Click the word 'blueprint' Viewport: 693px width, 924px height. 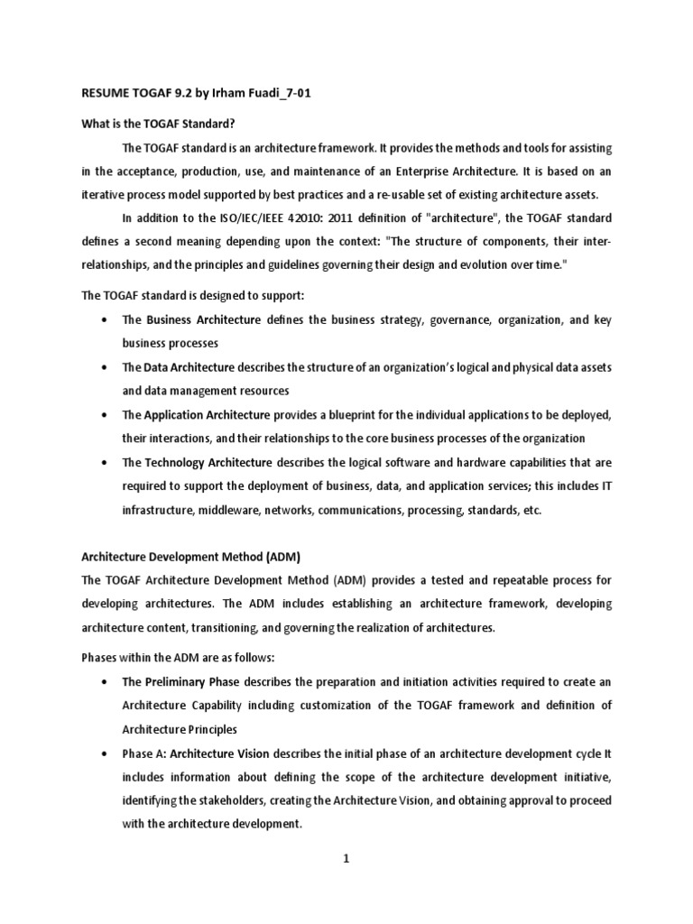[363, 414]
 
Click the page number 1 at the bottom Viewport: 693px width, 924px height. [346, 859]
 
